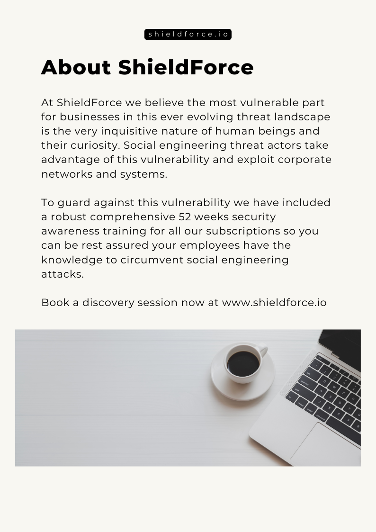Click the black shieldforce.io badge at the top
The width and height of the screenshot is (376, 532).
pyautogui.click(x=188, y=35)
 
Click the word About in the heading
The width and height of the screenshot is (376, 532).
pyautogui.click(x=76, y=67)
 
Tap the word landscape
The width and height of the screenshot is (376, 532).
pyautogui.click(x=302, y=117)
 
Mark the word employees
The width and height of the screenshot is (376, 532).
pyautogui.click(x=210, y=245)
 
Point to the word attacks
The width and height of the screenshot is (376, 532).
pyautogui.click(x=63, y=274)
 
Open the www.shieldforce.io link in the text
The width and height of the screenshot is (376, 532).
pyautogui.click(x=274, y=302)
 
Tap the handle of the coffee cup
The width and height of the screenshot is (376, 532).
pyautogui.click(x=263, y=351)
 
